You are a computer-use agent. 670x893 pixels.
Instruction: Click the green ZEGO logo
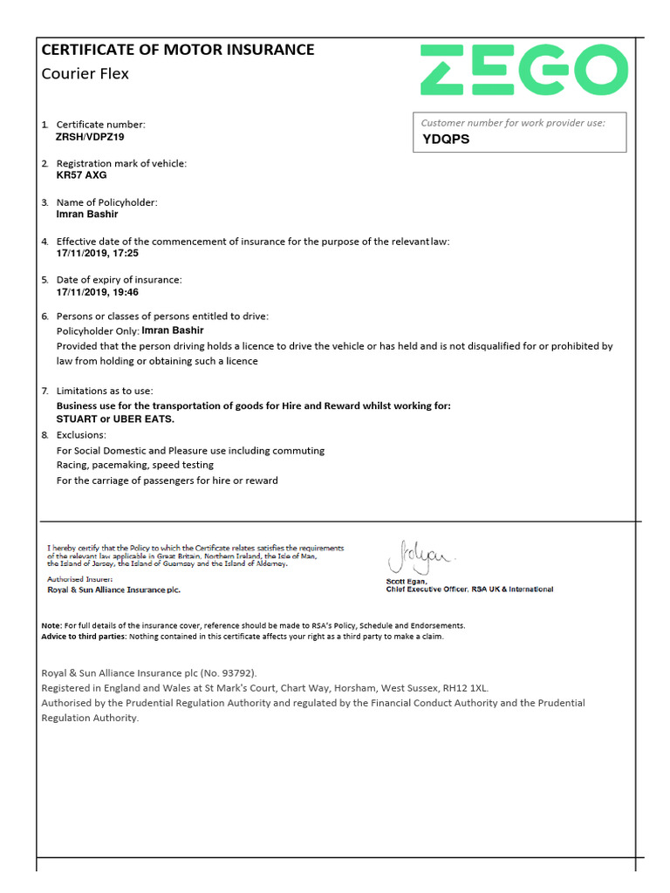tap(523, 70)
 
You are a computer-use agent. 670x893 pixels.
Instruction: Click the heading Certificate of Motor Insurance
tap(178, 50)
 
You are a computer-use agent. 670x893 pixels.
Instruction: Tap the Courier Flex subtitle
tap(85, 73)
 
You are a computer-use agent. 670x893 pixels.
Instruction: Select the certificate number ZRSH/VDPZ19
tap(91, 137)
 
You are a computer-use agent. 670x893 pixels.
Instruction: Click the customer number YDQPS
tap(446, 139)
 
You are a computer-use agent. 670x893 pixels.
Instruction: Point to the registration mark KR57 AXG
tap(81, 175)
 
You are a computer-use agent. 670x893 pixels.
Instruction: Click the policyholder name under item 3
tap(86, 215)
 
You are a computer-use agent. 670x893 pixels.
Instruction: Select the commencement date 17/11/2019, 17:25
tap(97, 253)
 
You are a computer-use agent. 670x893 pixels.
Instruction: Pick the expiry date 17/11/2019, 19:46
tap(97, 292)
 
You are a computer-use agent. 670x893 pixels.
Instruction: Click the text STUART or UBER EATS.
tap(115, 419)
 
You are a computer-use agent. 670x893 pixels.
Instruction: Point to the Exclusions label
tap(81, 434)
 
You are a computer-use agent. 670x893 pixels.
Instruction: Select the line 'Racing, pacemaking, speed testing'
tap(134, 465)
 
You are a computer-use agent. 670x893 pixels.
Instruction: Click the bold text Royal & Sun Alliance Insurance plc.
tap(113, 590)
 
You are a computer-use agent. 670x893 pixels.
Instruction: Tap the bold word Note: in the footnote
tap(51, 625)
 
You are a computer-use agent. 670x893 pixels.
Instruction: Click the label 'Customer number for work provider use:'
tap(512, 123)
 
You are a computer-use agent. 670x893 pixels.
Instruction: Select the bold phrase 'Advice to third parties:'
tap(84, 636)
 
